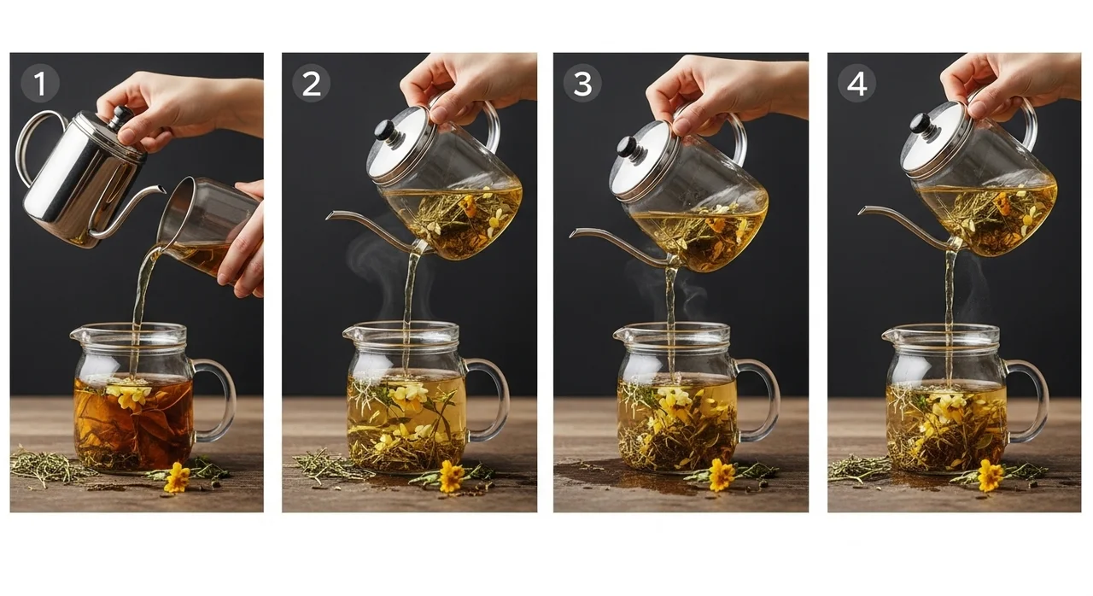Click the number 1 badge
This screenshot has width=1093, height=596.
[40, 84]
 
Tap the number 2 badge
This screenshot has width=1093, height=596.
[312, 84]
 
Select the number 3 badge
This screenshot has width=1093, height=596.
[582, 84]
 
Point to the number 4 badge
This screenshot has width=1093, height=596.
[856, 84]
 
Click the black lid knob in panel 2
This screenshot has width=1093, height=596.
[385, 131]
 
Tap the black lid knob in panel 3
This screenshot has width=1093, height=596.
[628, 147]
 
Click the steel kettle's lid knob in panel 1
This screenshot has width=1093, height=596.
[120, 116]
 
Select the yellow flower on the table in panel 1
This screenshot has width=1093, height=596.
[178, 477]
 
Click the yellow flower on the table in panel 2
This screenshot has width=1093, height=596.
[452, 476]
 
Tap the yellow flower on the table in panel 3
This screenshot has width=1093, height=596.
[722, 475]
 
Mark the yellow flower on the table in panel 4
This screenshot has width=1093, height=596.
[991, 475]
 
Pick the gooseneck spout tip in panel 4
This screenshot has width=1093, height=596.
[862, 211]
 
